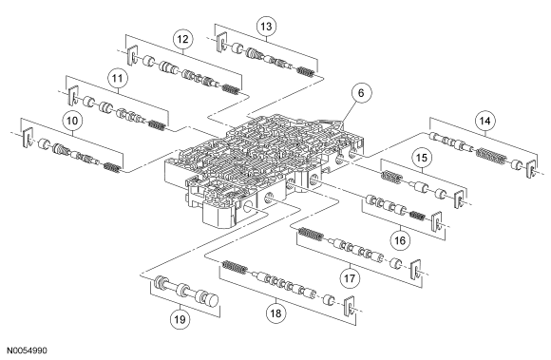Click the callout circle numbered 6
click(361, 93)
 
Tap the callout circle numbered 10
click(72, 121)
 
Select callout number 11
click(117, 78)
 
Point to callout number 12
click(182, 39)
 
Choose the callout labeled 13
click(266, 27)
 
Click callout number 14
click(484, 121)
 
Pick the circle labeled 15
click(422, 158)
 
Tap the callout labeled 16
click(400, 240)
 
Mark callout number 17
click(350, 278)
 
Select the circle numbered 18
click(275, 313)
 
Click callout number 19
click(180, 319)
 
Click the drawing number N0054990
click(27, 351)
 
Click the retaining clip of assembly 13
click(221, 43)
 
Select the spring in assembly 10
click(112, 167)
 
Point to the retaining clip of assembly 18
click(349, 306)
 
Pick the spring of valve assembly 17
click(311, 235)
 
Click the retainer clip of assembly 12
click(132, 55)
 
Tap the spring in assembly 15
click(391, 177)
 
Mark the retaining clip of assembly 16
click(436, 221)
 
